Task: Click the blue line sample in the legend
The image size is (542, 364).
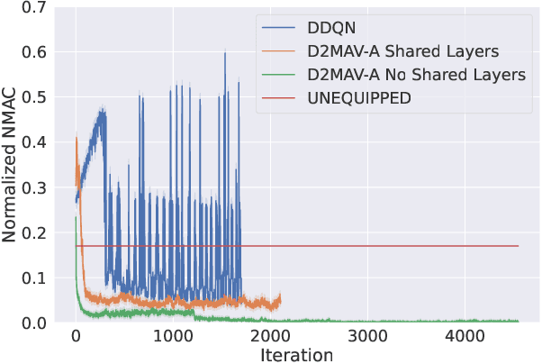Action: pyautogui.click(x=277, y=30)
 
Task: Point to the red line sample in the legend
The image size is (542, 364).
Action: pyautogui.click(x=277, y=97)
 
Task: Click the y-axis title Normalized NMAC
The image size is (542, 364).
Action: pyautogui.click(x=12, y=165)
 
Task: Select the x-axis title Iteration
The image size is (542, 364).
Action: pyautogui.click(x=296, y=354)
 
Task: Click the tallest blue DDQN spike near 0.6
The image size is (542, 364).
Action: pyautogui.click(x=225, y=53)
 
